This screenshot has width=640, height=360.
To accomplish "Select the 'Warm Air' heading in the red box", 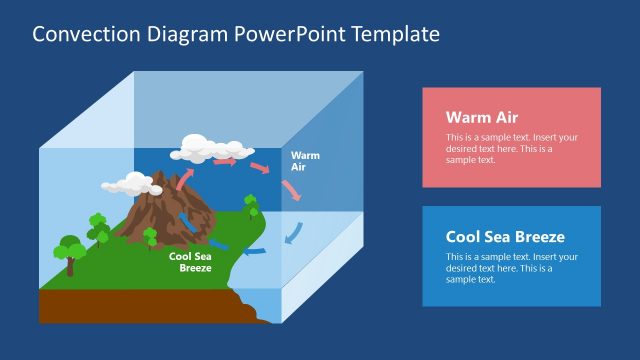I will point(482,117).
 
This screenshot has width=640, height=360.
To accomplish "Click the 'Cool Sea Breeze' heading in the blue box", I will point(505,237).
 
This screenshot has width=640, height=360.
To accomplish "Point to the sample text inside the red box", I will point(511,148).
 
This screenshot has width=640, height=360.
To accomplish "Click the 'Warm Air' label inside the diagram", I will point(304,161).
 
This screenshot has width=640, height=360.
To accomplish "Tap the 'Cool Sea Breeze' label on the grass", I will point(190,262).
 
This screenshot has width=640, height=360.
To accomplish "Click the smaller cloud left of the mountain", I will point(125,184).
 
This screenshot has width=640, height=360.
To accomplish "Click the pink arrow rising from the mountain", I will point(185,178).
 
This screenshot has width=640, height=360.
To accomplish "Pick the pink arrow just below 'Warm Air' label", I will point(291,190).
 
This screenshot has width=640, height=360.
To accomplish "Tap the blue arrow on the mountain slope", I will point(186,221).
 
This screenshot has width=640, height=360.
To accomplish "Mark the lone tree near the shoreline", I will point(251,206).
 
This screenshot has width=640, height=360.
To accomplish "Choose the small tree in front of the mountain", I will point(150,237).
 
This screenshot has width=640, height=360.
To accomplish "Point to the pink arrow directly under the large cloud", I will point(225,160).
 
